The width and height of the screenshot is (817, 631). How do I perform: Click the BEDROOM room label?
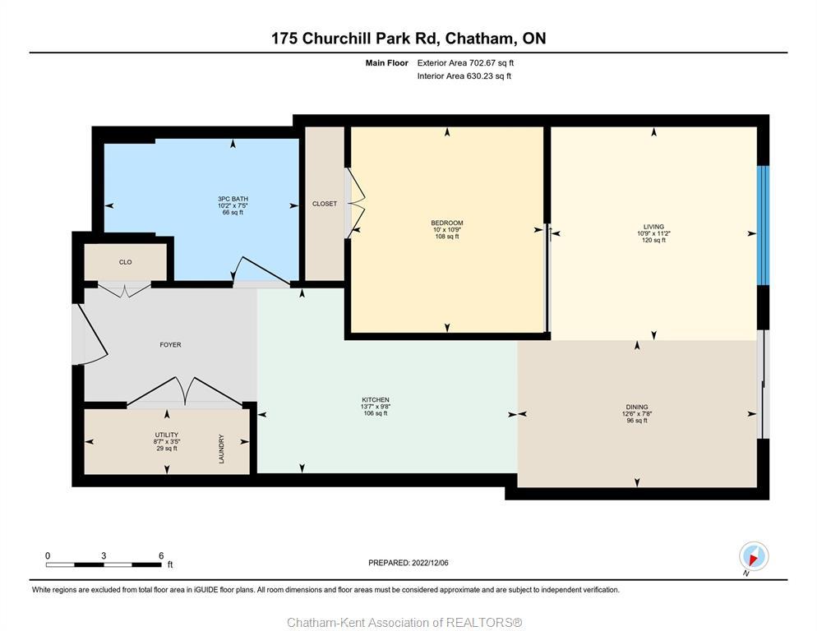click(x=447, y=223)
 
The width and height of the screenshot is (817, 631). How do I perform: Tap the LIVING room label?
click(x=653, y=227)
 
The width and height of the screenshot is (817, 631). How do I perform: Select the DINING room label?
click(x=637, y=407)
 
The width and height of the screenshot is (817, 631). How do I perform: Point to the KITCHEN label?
click(x=376, y=400)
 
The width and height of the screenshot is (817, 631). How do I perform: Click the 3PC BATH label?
click(x=233, y=199)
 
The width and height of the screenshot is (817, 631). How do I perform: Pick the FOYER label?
click(x=170, y=345)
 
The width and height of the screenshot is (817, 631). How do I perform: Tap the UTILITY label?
click(x=167, y=435)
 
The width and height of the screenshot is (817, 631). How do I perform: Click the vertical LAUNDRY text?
click(x=221, y=449)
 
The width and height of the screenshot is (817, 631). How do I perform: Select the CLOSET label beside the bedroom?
click(x=325, y=204)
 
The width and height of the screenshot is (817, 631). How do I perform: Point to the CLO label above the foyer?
click(x=126, y=262)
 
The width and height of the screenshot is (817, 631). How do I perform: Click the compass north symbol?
click(x=753, y=557)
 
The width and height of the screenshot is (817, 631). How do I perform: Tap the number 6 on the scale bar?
click(x=161, y=555)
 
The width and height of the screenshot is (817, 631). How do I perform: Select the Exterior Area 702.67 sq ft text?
click(x=465, y=62)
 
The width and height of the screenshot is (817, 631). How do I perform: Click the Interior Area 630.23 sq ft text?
click(x=464, y=76)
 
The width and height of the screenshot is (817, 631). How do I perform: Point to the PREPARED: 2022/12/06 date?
click(x=408, y=563)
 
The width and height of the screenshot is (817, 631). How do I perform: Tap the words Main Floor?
click(x=387, y=62)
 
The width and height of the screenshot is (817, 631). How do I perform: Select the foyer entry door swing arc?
click(x=91, y=333)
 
